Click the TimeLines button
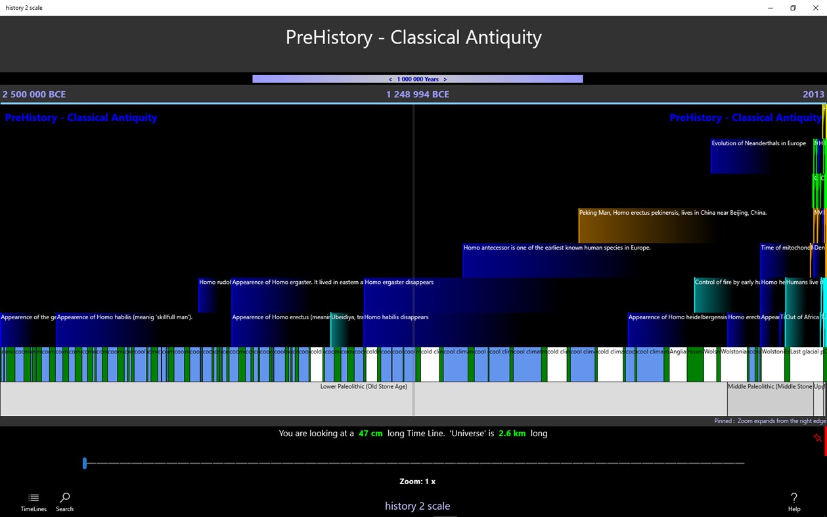pos(34,501)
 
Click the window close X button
pos(815,8)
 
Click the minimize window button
pos(771,8)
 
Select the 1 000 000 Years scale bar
pos(417,79)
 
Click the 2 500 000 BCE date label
pos(34,95)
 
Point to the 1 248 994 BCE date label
pos(417,95)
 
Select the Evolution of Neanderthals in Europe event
pos(758,143)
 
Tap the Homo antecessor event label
pos(556,248)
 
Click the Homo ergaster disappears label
pos(399,282)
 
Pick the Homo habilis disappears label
pos(396,317)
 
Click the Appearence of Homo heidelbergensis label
pos(677,317)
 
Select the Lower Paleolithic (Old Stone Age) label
pos(363,387)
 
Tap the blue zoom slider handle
pos(85,463)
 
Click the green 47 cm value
pos(370,434)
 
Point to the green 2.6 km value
pos(511,434)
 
